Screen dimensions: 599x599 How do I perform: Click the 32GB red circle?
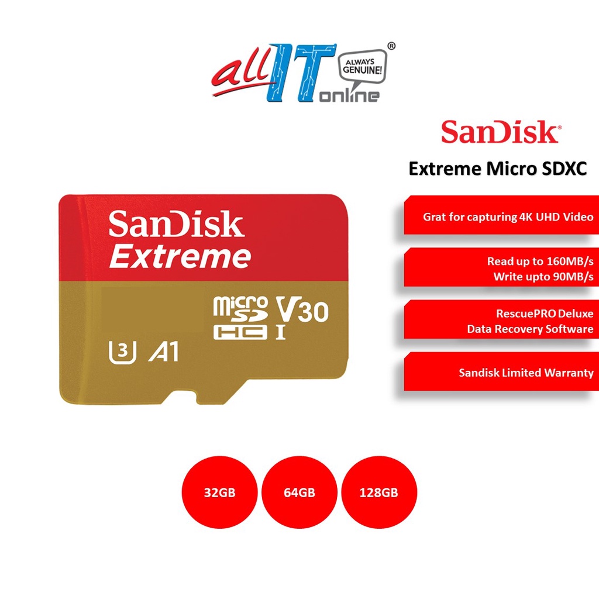[219, 493]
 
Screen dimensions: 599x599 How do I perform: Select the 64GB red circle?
[299, 493]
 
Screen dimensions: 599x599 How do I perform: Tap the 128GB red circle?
[378, 493]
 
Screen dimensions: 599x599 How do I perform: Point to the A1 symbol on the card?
[164, 352]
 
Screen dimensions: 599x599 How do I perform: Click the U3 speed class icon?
[123, 352]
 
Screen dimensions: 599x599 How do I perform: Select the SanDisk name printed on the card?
[176, 225]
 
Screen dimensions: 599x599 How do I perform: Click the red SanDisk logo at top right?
[500, 133]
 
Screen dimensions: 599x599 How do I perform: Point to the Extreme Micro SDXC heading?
[497, 168]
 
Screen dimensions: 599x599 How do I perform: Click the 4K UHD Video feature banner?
[501, 216]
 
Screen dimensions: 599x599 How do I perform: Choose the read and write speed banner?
[501, 268]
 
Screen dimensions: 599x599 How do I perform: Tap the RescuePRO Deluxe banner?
[501, 321]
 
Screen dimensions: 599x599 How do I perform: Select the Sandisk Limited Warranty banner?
[501, 372]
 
